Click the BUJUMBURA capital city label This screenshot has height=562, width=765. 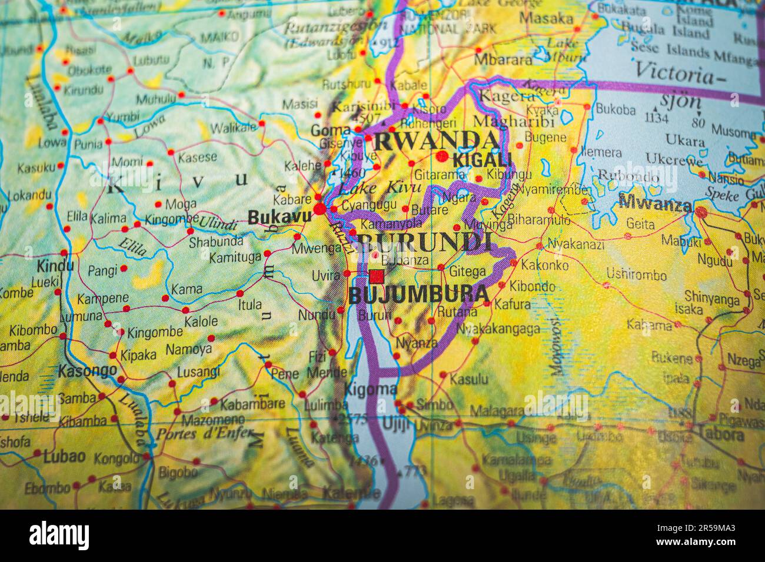coord(418,295)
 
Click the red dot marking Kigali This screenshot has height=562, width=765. coord(442,156)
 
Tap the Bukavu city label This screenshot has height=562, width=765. coord(279,217)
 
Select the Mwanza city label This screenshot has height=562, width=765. coord(654,205)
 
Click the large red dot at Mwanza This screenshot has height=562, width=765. coord(701,211)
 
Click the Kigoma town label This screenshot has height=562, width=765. coord(370,389)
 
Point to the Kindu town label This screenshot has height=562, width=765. coord(55,266)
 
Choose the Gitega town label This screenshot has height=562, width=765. coord(467,272)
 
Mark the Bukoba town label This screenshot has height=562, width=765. coord(616,109)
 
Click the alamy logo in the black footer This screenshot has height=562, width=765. coord(59,536)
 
